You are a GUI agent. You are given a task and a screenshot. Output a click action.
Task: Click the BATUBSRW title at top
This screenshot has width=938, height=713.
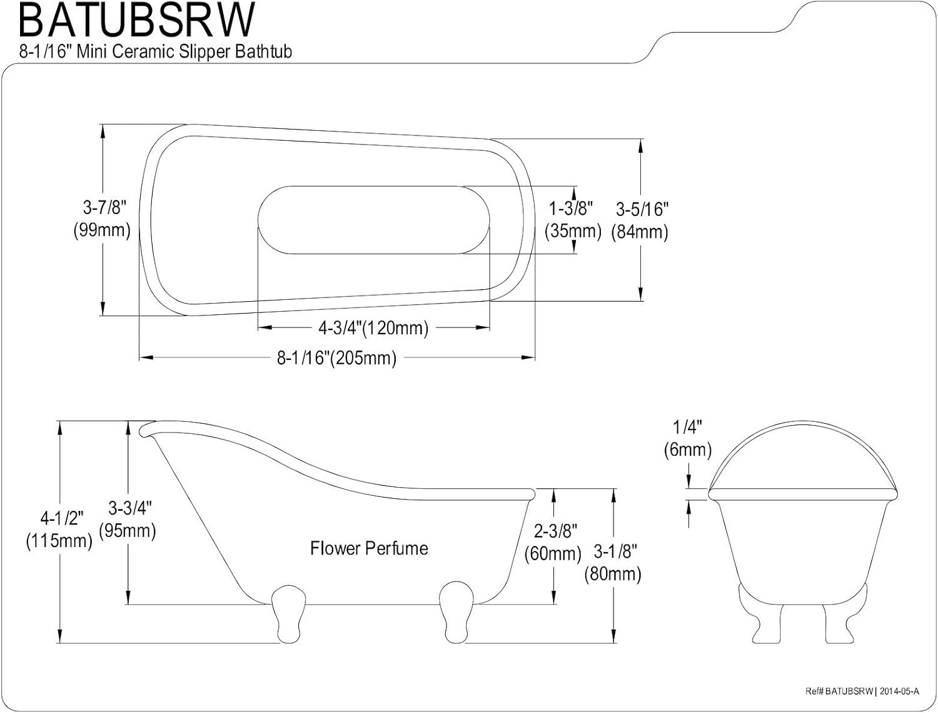point(137,20)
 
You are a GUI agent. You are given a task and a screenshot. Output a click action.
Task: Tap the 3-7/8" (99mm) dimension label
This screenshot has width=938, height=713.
point(102,218)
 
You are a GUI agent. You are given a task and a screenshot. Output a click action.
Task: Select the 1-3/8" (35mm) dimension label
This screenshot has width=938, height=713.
point(573,220)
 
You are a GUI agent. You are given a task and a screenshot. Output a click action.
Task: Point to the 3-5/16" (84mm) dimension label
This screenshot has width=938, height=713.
point(640,221)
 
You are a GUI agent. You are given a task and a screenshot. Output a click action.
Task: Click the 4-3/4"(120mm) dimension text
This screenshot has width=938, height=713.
point(373,328)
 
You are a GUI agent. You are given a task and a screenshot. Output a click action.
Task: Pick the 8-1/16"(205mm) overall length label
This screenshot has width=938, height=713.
point(336,357)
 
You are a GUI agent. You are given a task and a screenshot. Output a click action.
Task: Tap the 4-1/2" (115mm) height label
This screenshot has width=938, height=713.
point(59,530)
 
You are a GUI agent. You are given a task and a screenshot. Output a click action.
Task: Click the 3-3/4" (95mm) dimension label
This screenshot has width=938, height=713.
point(128,519)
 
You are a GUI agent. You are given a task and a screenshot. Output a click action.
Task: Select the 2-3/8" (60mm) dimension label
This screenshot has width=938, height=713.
point(553,542)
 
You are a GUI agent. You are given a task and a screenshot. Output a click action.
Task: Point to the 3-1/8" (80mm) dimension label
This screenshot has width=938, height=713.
point(613,562)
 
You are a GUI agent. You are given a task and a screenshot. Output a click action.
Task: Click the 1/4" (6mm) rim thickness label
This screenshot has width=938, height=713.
point(688,439)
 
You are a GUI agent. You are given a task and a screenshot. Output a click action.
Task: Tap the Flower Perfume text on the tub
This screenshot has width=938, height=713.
point(369,548)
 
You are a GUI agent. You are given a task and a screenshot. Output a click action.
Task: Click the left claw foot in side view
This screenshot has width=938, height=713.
point(288,614)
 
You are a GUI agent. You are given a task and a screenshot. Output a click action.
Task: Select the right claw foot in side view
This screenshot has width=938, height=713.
point(456,612)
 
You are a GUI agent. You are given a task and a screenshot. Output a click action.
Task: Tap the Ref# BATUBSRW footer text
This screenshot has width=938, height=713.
point(839,691)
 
